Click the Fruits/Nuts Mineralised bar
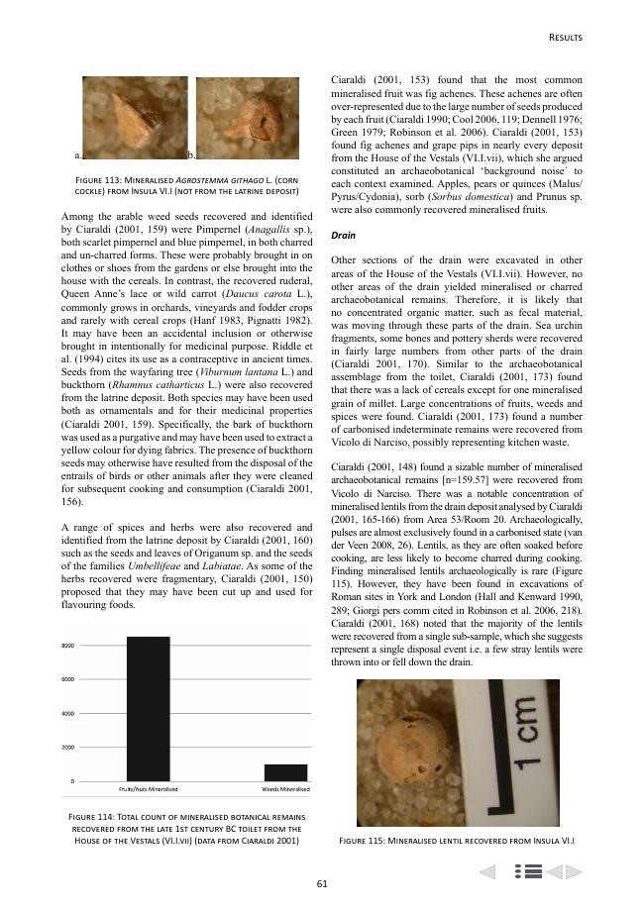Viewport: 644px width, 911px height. (148, 708)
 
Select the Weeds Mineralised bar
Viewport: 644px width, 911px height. (285, 772)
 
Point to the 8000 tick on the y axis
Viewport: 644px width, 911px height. (69, 645)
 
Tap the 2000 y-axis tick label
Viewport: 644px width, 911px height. (69, 748)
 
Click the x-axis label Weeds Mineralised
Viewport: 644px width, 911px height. (285, 789)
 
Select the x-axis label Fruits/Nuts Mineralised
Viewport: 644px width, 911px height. (148, 789)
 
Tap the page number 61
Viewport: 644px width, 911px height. (322, 883)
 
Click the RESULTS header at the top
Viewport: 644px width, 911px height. (565, 38)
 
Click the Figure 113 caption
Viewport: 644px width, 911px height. (187, 184)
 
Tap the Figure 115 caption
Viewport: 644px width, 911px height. (457, 842)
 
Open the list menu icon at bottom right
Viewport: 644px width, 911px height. (528, 871)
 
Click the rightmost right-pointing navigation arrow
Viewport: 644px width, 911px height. (574, 871)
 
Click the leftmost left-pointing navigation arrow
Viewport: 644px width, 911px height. (487, 871)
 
